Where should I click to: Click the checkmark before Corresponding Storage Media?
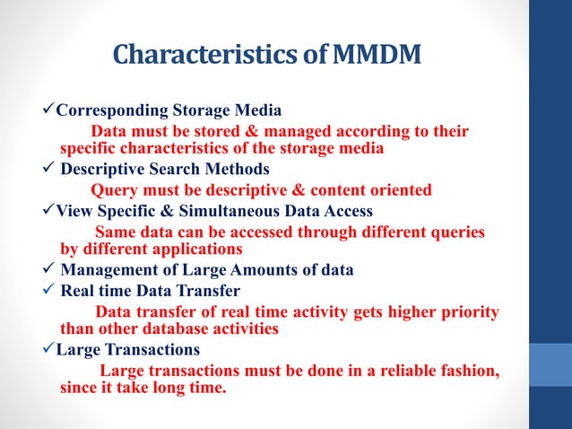click(x=49, y=110)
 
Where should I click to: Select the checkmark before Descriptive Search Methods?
click(x=49, y=169)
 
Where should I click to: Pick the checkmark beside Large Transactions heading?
click(x=49, y=349)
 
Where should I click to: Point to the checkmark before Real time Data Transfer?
click(x=49, y=291)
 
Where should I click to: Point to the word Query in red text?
click(x=115, y=190)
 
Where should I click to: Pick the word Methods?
click(x=240, y=170)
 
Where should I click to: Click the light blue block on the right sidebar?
click(x=550, y=363)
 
